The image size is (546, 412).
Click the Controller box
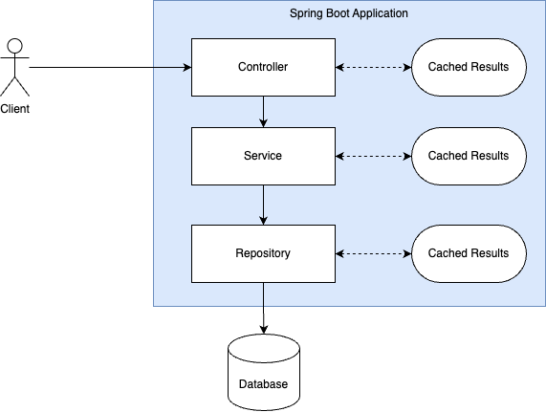coord(263,67)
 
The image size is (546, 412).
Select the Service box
coord(263,156)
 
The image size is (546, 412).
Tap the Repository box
coord(263,253)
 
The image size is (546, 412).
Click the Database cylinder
coord(264,373)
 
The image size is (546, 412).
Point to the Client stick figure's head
coord(15,46)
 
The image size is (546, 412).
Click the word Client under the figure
coord(15,109)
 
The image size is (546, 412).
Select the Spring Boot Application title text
coord(349,13)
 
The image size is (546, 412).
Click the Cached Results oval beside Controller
coord(469,67)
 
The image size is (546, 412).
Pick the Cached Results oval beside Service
coord(469,156)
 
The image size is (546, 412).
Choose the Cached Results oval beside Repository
coord(469,253)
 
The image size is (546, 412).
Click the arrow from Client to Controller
coord(110,67)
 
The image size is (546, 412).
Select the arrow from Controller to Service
coord(263,112)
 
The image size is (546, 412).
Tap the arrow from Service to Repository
coord(263,205)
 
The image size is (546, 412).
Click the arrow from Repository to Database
coord(264,309)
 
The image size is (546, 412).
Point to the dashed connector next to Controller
coord(374,67)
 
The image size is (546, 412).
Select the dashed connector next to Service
coord(374,156)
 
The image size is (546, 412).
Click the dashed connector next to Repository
coord(374,253)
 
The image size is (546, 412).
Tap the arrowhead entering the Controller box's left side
coord(187,67)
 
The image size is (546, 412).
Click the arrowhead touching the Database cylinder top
coord(264,330)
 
